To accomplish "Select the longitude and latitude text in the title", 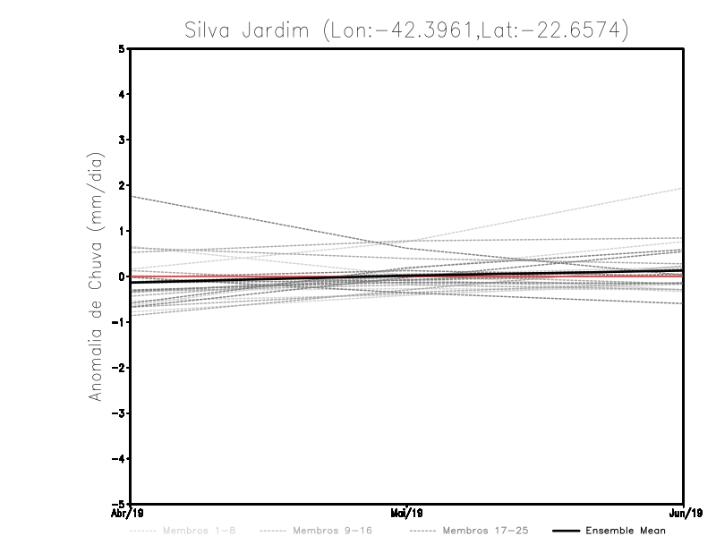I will point(474,30).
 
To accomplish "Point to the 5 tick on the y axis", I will point(122,48).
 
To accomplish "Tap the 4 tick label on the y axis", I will point(122,94).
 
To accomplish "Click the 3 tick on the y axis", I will point(122,140).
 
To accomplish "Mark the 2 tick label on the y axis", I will point(122,185).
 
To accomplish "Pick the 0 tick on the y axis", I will point(122,276).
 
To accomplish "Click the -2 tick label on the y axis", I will point(119,368).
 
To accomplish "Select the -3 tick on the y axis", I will point(119,413).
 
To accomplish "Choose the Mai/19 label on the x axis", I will point(407,514).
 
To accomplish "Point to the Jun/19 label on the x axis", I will point(684,514).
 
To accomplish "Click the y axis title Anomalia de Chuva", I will point(96,276).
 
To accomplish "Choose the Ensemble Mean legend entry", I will point(626,531).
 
